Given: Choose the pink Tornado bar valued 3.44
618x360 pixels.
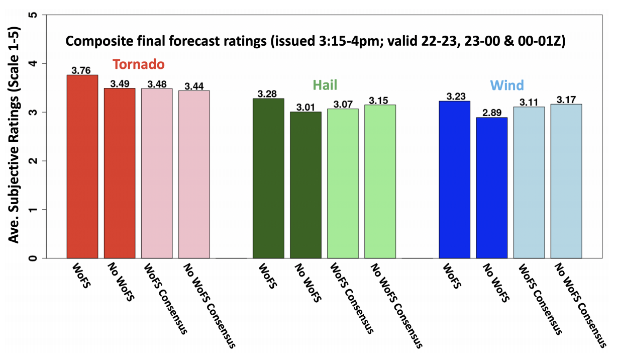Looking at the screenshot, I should point(194,174).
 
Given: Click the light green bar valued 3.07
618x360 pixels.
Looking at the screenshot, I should point(343,183).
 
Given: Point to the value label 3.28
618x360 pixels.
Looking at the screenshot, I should point(268,94).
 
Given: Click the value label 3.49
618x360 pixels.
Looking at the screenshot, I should point(120,84).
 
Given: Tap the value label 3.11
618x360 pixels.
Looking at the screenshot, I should point(529,102).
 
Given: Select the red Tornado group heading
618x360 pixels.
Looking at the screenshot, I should point(138,64).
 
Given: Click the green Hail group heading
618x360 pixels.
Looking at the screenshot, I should point(325,84).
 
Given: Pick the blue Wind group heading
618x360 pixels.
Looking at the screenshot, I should point(507,84).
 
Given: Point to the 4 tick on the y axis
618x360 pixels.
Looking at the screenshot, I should point(35,63).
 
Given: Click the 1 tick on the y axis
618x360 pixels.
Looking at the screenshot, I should point(35,210).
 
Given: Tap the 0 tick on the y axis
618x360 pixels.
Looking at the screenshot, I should point(35,258).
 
